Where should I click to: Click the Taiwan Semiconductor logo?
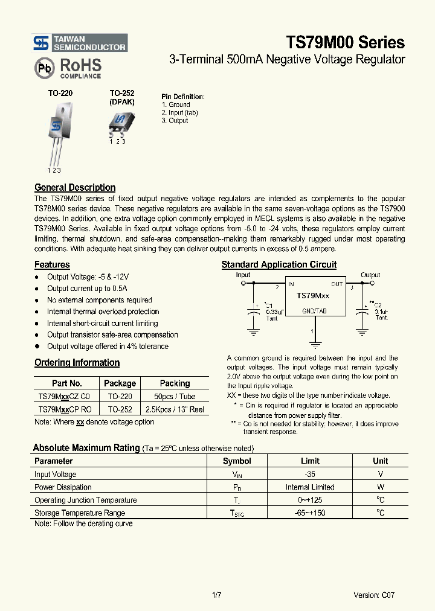click(x=80, y=43)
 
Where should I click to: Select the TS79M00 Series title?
click(x=345, y=42)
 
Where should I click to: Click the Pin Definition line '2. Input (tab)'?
click(x=179, y=113)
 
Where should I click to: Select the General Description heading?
click(x=75, y=187)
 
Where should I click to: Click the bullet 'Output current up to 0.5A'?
click(x=87, y=289)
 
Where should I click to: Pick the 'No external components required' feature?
click(x=100, y=300)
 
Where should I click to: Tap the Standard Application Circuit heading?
click(x=279, y=264)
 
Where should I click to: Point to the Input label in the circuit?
click(x=243, y=275)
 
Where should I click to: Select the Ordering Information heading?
click(x=77, y=363)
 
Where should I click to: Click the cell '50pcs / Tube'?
click(x=175, y=396)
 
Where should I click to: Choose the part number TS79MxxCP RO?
click(x=65, y=409)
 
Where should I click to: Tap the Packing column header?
click(x=175, y=383)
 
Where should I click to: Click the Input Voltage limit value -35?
click(x=310, y=475)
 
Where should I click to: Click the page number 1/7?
click(x=217, y=595)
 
